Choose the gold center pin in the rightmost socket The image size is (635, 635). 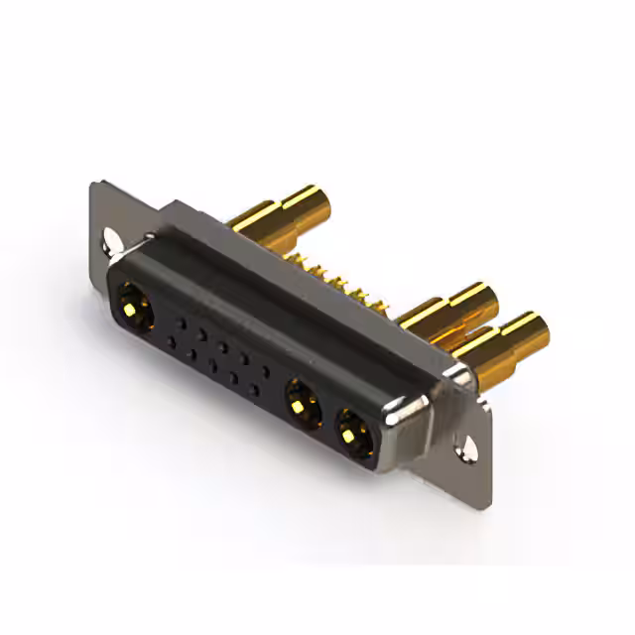(351, 430)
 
